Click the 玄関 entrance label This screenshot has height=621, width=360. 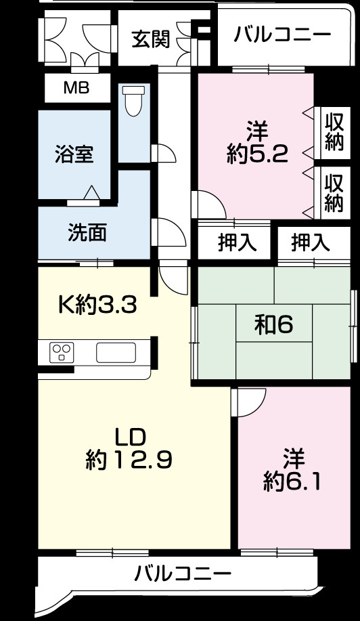(150, 39)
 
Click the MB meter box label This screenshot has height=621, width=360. (75, 88)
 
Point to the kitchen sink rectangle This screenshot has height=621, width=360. (116, 353)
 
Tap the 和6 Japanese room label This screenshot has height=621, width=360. (273, 326)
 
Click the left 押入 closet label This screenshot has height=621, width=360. (237, 243)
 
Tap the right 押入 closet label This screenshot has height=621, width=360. (311, 243)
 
